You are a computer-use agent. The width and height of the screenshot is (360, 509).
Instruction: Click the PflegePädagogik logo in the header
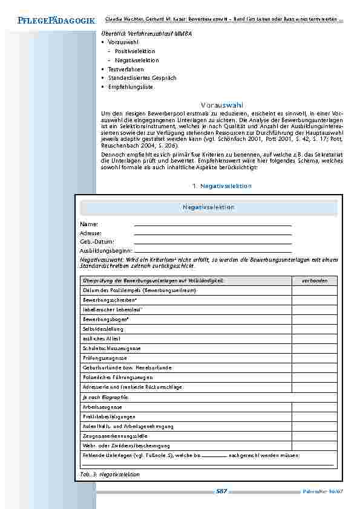(48, 21)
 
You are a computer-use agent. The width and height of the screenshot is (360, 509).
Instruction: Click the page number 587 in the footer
(221, 491)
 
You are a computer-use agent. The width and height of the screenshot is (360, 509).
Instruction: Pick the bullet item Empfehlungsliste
(130, 87)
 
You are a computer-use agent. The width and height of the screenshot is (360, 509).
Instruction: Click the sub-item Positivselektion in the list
(135, 51)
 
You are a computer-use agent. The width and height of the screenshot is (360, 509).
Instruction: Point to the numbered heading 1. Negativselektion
(217, 186)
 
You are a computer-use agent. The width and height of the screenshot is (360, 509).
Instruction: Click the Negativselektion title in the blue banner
(208, 207)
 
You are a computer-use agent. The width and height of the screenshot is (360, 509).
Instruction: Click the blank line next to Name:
(212, 224)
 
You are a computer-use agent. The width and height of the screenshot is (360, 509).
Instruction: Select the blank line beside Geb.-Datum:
(212, 242)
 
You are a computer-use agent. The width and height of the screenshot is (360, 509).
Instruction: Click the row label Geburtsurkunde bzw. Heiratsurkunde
(127, 368)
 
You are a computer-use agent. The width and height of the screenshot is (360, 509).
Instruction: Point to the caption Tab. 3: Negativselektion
(110, 475)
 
